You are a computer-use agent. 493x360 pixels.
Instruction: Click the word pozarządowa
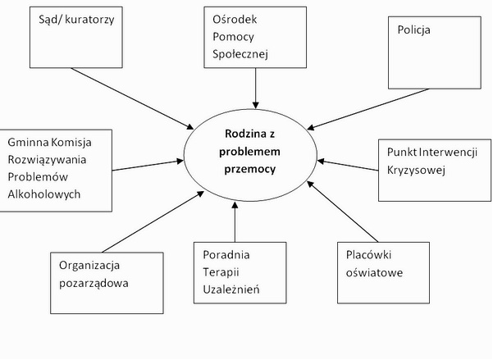point(93,283)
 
